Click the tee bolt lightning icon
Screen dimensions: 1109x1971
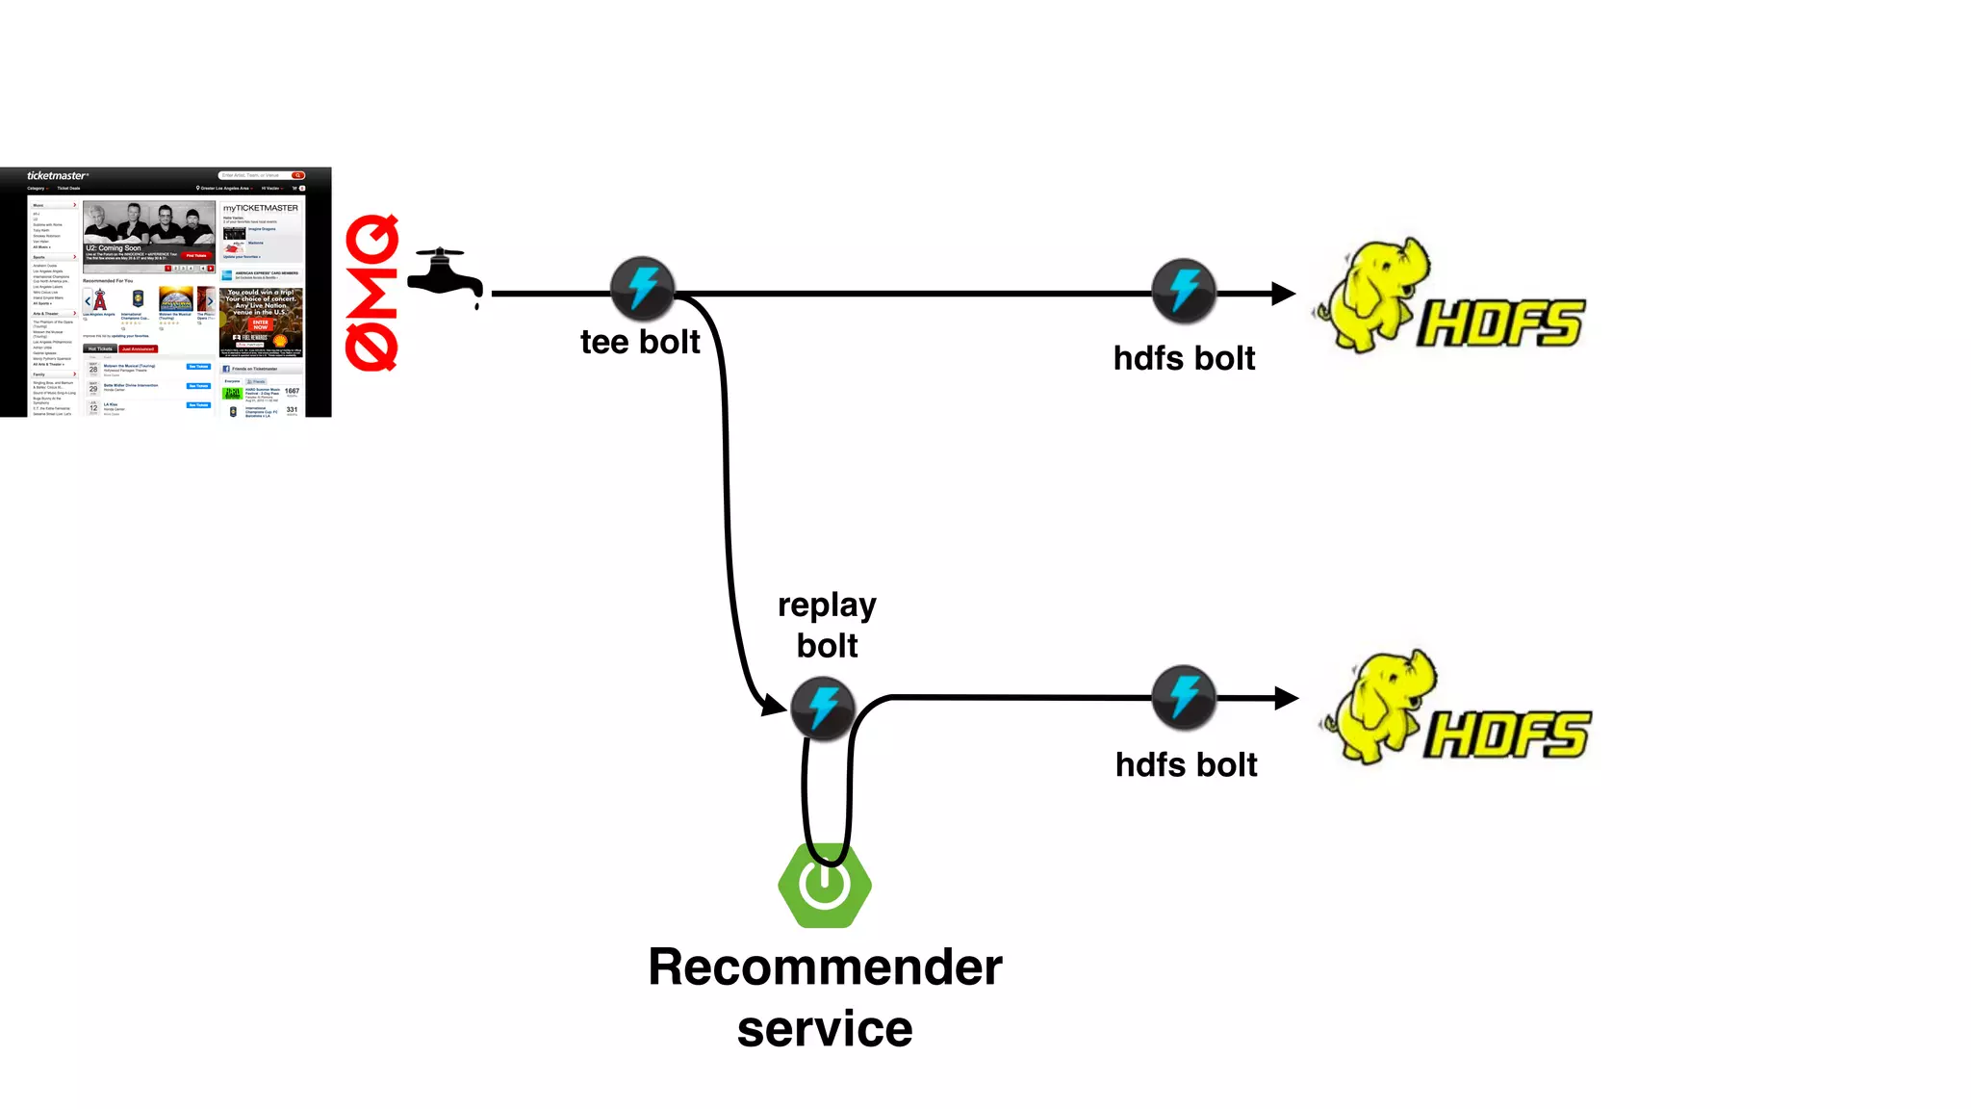642,289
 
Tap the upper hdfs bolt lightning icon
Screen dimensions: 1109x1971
1184,290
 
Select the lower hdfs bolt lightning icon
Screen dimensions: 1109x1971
1184,697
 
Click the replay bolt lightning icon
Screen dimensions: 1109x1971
823,709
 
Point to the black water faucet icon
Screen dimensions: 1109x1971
444,276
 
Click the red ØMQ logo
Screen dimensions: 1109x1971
371,293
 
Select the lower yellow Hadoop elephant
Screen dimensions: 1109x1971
1381,707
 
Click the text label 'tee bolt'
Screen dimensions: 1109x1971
640,342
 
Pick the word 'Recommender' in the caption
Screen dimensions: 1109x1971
825,967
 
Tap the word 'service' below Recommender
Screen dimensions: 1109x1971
825,1028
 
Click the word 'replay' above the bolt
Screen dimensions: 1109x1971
827,606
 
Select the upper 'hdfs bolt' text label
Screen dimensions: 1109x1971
1184,358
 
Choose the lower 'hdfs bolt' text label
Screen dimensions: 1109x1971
1186,764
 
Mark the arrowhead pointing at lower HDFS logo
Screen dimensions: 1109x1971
1286,698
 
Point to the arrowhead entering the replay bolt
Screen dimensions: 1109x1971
773,705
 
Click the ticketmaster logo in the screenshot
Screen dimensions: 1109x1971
57,175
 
